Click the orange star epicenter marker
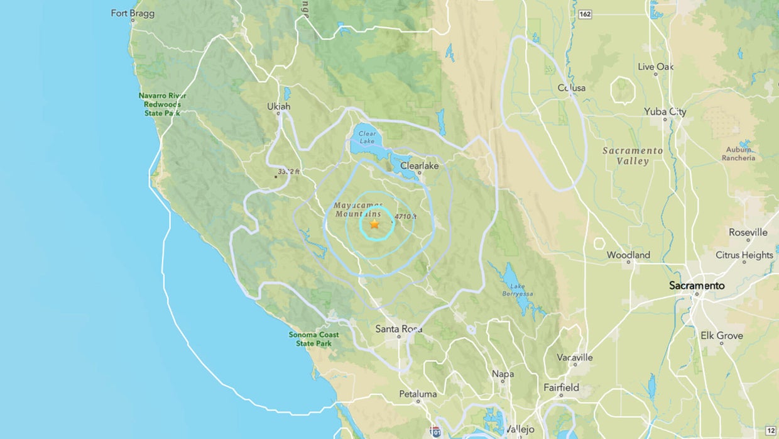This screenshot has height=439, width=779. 374,224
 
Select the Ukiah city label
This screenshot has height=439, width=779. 279,106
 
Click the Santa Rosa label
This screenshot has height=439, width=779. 399,329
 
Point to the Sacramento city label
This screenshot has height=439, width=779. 697,286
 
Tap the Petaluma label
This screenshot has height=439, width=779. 418,394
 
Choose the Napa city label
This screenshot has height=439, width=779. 503,374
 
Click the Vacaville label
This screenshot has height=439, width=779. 575,357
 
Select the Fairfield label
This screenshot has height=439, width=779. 560,388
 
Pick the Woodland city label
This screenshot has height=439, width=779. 628,255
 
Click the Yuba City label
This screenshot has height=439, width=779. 665,112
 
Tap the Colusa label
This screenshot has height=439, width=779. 572,88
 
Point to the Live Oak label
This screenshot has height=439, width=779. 655,67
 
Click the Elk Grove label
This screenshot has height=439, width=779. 721,335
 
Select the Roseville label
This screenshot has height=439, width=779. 748,232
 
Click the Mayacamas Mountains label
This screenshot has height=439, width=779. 357,210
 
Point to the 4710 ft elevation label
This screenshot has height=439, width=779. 405,216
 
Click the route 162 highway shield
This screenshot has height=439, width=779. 586,13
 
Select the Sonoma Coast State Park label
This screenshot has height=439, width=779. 313,339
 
